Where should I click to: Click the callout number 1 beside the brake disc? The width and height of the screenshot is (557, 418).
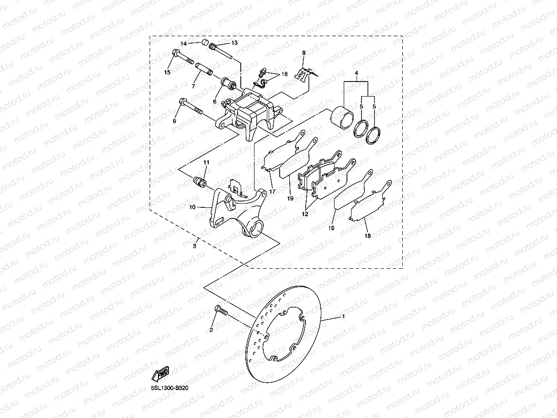pyautogui.click(x=343, y=316)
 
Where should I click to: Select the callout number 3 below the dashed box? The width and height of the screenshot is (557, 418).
pyautogui.click(x=195, y=246)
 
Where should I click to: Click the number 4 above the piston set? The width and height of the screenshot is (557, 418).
pyautogui.click(x=356, y=73)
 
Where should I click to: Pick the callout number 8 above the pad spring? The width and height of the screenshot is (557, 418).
pyautogui.click(x=303, y=54)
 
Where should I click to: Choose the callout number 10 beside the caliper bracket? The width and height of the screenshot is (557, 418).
pyautogui.click(x=193, y=207)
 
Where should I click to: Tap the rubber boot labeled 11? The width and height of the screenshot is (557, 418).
pyautogui.click(x=200, y=182)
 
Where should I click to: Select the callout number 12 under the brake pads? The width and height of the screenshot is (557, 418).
pyautogui.click(x=305, y=213)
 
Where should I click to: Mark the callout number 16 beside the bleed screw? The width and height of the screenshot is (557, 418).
pyautogui.click(x=284, y=74)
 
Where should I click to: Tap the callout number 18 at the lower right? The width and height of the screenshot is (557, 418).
pyautogui.click(x=368, y=236)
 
